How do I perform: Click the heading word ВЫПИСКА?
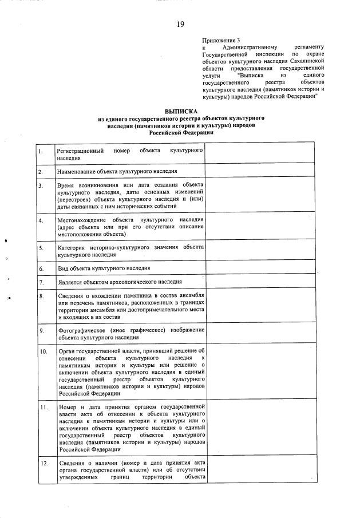[180, 111]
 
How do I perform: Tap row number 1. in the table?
[41, 152]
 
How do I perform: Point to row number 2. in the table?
[41, 171]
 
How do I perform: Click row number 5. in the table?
[41, 248]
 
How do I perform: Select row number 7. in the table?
[41, 282]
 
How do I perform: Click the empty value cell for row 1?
[259, 153]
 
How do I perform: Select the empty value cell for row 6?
[259, 268]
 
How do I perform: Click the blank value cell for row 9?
[259, 334]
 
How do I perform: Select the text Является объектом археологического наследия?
[120, 282]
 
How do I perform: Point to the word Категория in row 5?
[72, 247]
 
